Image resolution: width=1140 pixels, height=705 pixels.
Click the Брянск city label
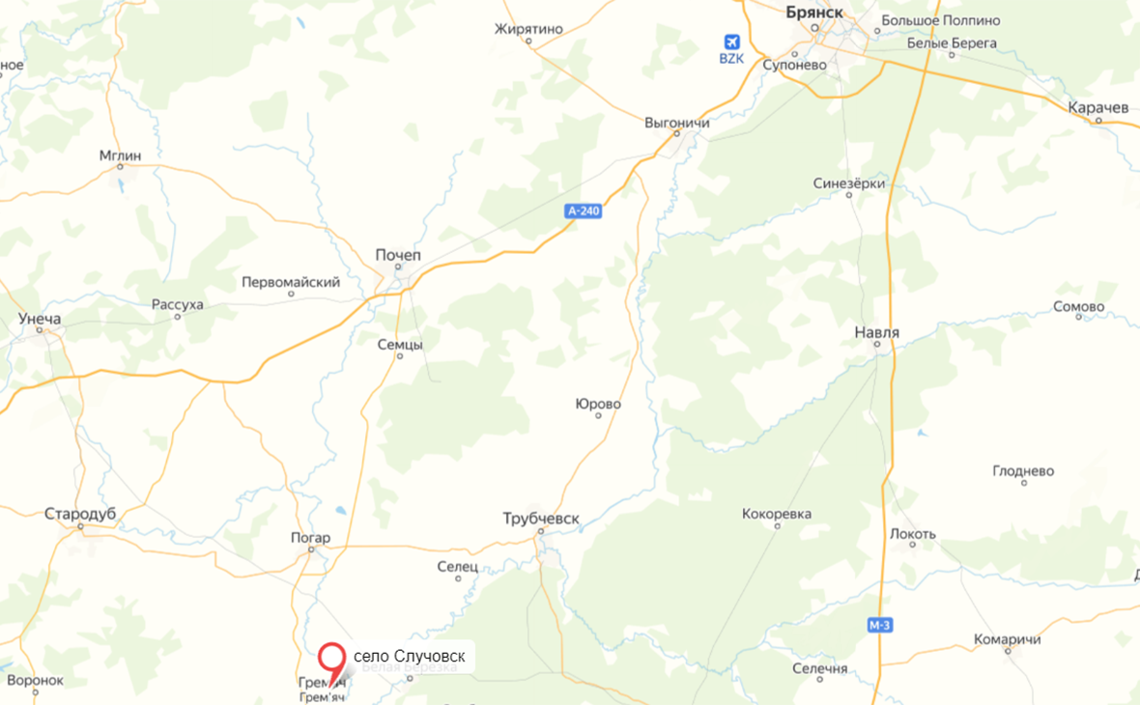click(x=814, y=12)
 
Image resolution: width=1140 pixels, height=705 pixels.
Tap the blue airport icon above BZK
click(x=731, y=42)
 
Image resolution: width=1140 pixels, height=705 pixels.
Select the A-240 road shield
click(x=584, y=211)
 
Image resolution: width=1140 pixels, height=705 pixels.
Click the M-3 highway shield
click(x=879, y=626)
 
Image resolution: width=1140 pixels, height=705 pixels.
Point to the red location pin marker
click(x=333, y=661)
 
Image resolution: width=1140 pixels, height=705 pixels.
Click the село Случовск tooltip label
click(x=409, y=657)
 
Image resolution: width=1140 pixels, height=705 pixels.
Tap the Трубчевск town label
click(x=541, y=519)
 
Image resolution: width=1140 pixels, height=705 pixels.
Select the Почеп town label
click(x=398, y=255)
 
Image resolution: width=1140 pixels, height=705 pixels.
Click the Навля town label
click(x=877, y=333)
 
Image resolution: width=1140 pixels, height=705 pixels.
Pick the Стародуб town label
click(x=80, y=514)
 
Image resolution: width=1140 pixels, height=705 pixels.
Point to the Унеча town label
click(x=40, y=319)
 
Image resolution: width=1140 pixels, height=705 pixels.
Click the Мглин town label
click(x=120, y=155)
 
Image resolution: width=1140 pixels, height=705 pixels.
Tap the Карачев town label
click(x=1098, y=108)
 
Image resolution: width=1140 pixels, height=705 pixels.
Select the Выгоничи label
click(x=677, y=124)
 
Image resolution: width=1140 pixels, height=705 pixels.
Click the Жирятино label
click(x=528, y=29)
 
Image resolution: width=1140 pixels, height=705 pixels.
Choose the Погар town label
click(x=310, y=538)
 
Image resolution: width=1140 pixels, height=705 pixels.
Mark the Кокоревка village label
click(x=777, y=514)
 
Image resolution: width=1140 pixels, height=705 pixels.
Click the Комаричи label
click(x=1007, y=639)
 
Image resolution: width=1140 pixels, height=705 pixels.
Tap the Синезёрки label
click(x=849, y=183)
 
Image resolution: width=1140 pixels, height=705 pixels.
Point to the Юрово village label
click(x=597, y=404)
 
